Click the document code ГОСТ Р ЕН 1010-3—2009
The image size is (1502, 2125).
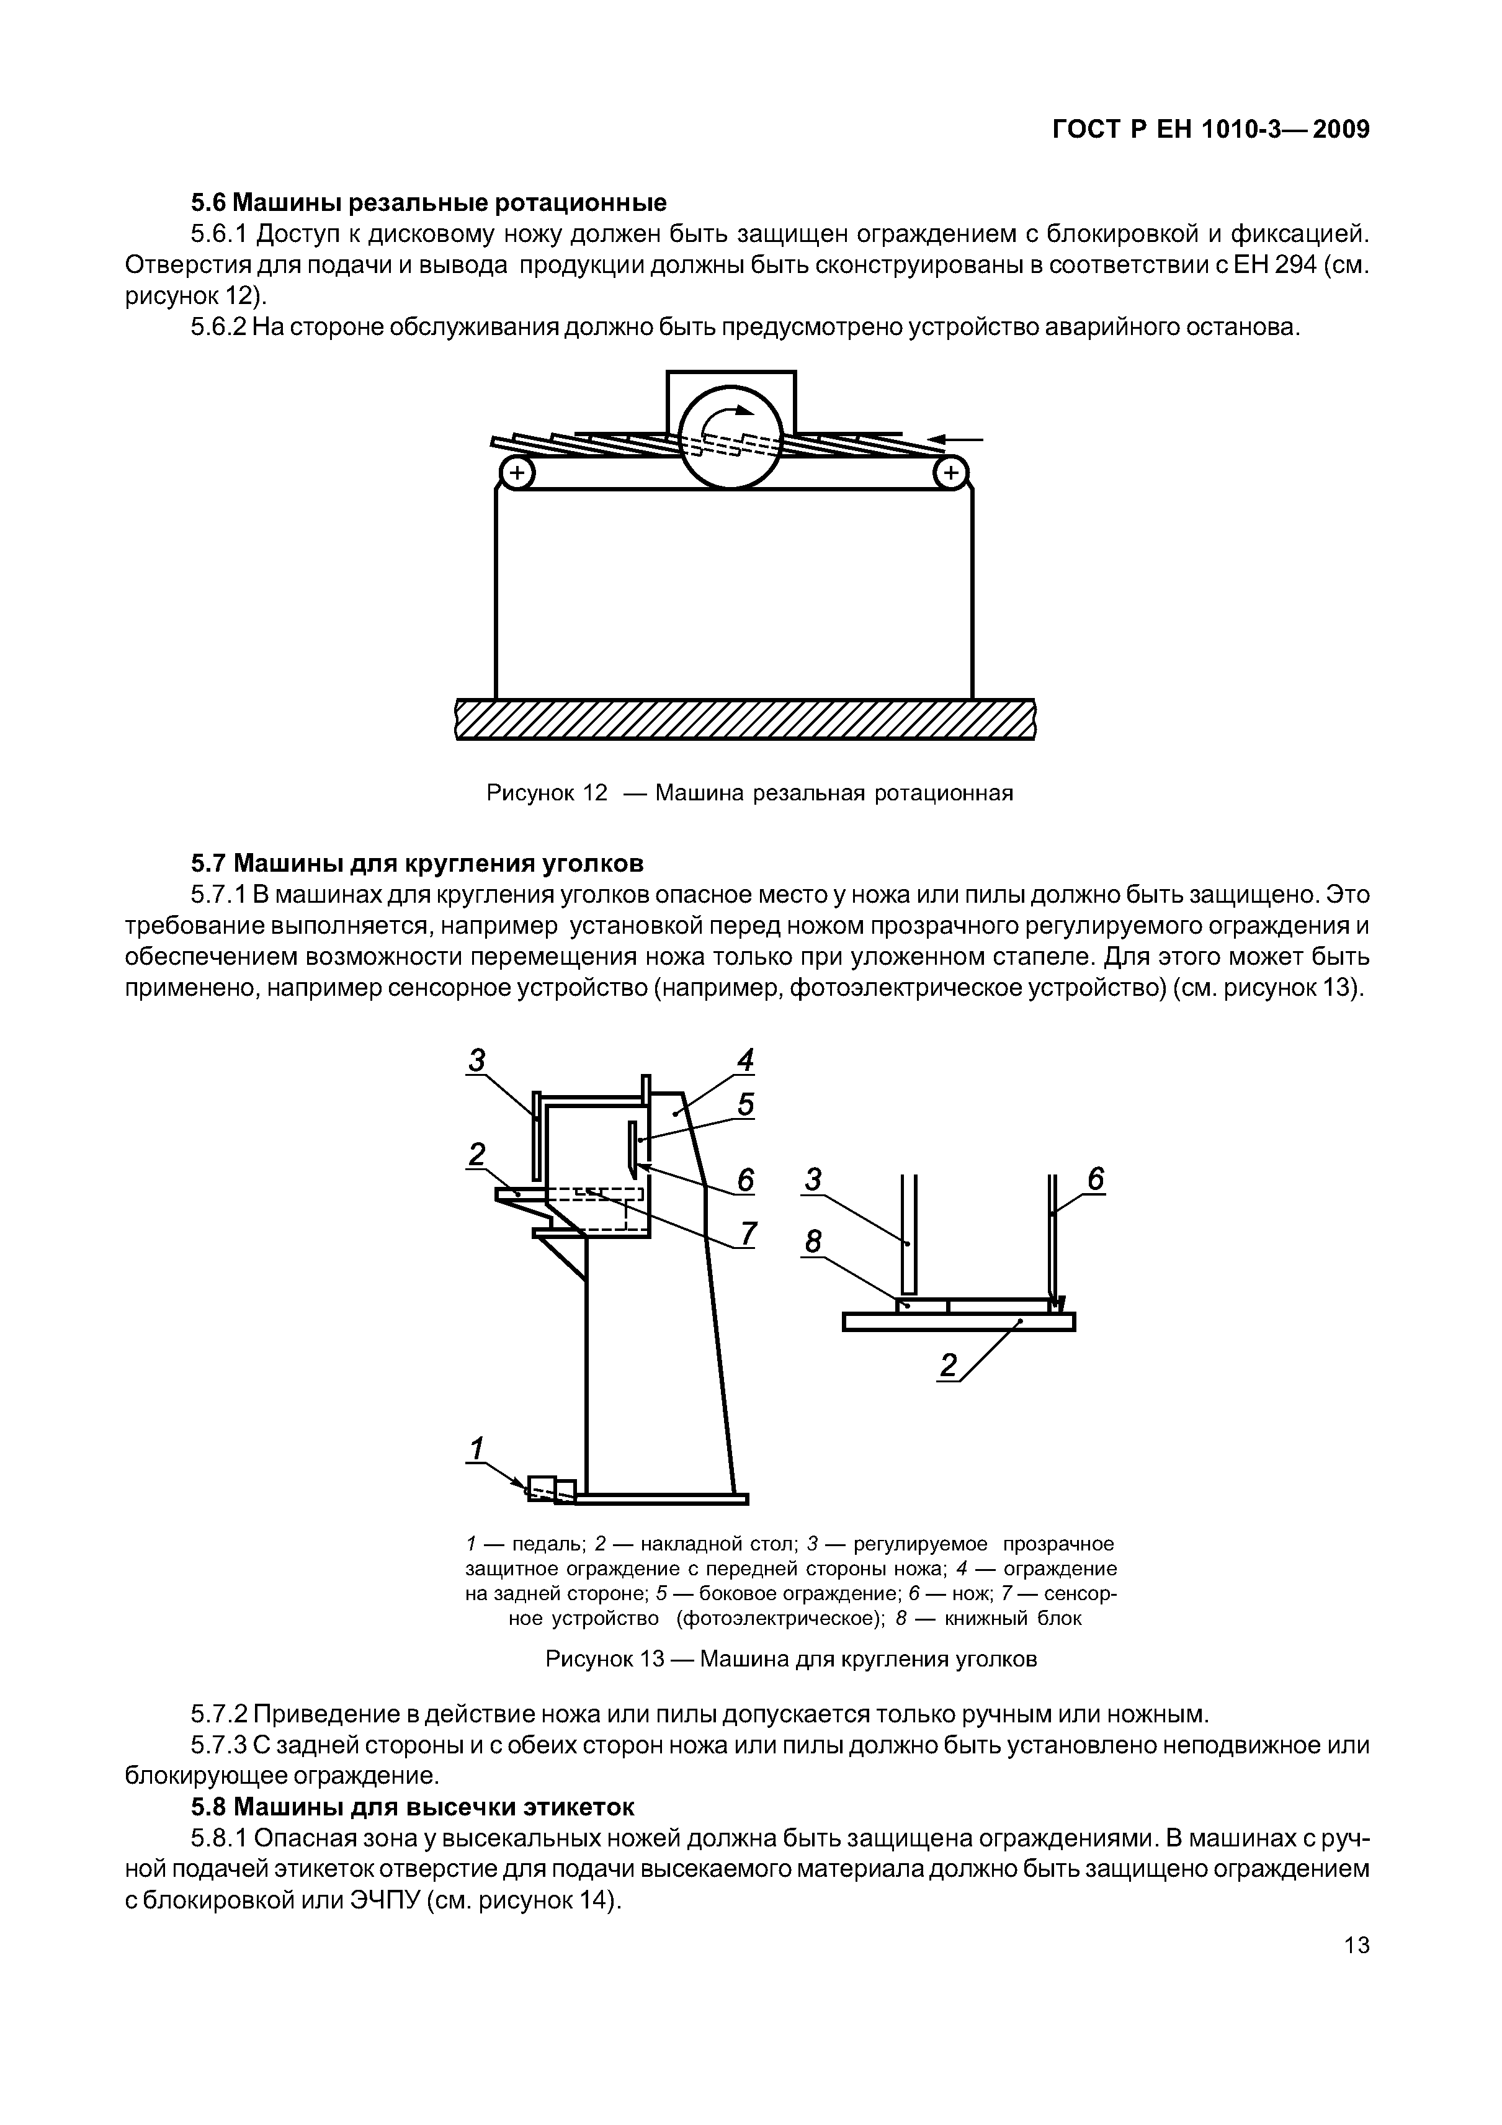tap(1210, 130)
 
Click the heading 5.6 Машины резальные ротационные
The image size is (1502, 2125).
tap(429, 202)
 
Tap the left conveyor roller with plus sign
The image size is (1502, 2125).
tap(516, 474)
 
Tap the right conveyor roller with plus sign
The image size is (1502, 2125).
tap(949, 474)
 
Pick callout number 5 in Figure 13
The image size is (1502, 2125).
tap(746, 1105)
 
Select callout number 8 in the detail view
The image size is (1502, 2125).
tap(813, 1242)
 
